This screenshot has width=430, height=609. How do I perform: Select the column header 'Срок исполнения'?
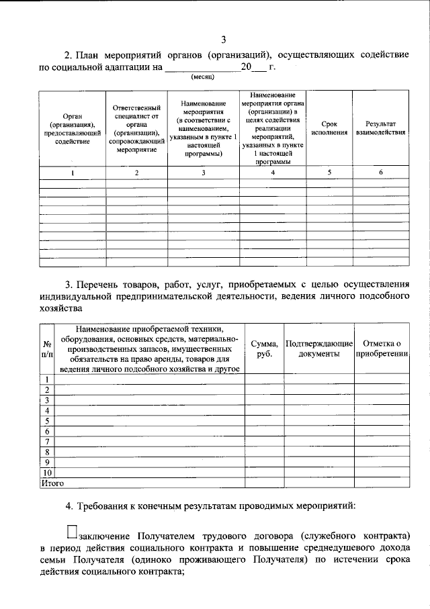point(329,128)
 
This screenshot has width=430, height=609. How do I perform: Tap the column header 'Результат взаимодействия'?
point(380,128)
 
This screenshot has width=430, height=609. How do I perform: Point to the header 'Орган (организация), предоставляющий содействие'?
point(73,128)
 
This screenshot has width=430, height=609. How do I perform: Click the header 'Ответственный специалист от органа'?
point(136,128)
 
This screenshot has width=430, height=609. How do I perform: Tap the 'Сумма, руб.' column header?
point(263,348)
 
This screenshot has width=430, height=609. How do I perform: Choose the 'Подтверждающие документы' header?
point(319,348)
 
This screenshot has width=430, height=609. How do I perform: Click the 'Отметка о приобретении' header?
point(382,348)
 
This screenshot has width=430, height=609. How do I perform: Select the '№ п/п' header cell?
point(47,348)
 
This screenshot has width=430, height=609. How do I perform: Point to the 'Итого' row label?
point(52,482)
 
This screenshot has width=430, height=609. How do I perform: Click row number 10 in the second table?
point(47,472)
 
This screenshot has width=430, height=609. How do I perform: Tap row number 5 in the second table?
point(47,421)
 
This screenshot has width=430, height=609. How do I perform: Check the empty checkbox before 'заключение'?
point(72,532)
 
